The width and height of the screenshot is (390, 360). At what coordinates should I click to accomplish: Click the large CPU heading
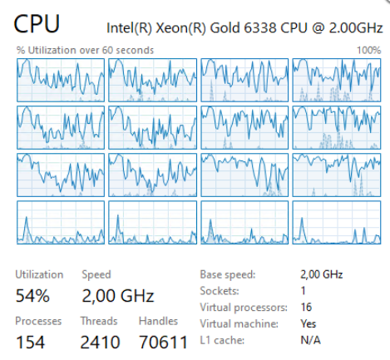[37, 24]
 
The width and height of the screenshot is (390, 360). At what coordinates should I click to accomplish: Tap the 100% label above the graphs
[369, 50]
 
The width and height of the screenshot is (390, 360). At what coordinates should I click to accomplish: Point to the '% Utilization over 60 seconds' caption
[85, 50]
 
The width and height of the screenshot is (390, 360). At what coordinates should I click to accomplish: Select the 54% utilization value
[32, 295]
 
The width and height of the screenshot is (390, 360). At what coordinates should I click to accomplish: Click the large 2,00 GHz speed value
[118, 295]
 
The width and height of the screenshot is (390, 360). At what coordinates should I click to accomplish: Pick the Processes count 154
[30, 342]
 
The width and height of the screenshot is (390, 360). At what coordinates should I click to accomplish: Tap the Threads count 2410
[100, 342]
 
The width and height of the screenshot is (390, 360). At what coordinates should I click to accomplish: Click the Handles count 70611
[163, 342]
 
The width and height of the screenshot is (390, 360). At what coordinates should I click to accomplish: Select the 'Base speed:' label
[228, 274]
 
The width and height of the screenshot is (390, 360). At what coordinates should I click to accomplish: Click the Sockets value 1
[304, 291]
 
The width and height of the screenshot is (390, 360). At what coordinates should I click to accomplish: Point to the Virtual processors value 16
[306, 307]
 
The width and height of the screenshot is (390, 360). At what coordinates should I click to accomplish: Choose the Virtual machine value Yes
[309, 323]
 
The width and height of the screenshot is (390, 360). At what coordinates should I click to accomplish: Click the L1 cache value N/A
[311, 340]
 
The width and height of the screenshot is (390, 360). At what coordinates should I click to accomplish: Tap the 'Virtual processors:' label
[244, 308]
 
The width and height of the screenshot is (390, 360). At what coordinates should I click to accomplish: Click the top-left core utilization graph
[61, 80]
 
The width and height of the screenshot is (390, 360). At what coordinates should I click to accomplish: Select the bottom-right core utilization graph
[337, 223]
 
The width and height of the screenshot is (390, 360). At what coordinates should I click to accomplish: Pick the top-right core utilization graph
[337, 80]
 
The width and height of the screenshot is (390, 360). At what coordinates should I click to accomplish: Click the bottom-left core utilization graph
[61, 223]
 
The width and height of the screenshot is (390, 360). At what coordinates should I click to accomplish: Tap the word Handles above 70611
[158, 321]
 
